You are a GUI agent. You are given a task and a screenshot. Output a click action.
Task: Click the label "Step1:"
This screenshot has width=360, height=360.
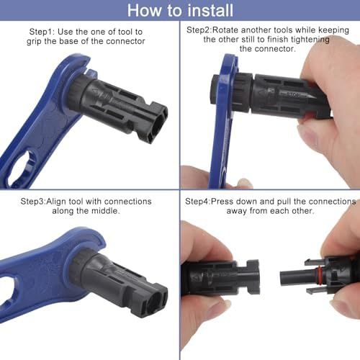42,32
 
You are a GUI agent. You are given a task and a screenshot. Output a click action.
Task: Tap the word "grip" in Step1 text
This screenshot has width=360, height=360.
34,42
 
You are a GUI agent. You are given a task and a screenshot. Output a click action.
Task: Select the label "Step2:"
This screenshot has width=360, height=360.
199,30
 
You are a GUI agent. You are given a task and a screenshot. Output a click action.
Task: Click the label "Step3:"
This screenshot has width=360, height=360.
33,202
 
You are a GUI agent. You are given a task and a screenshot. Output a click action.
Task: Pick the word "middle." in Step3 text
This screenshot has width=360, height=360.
107,211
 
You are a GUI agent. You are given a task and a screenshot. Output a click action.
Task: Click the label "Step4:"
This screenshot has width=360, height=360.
198,202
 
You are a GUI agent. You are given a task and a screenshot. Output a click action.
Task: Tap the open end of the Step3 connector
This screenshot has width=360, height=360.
153,302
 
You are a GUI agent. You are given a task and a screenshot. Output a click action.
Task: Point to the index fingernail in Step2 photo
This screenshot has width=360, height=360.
309,136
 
